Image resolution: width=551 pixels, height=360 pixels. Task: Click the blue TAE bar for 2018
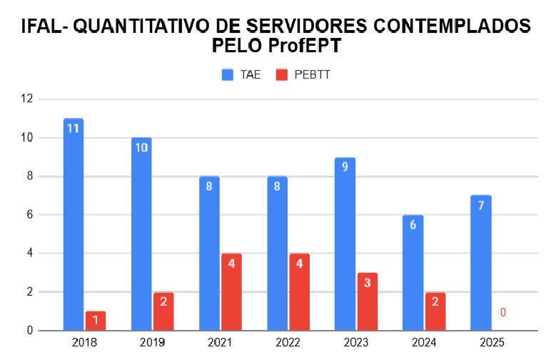(x=74, y=229)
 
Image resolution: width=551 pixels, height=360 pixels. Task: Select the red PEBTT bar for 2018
(x=96, y=321)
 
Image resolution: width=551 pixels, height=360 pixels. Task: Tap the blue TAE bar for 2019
(x=141, y=236)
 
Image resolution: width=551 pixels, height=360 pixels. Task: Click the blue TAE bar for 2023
(x=345, y=246)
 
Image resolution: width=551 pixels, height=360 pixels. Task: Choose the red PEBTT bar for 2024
(x=435, y=311)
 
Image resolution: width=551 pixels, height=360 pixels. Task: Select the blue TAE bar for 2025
(x=481, y=264)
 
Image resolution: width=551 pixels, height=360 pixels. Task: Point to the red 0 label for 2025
(x=502, y=312)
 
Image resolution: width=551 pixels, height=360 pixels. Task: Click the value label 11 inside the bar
(x=73, y=129)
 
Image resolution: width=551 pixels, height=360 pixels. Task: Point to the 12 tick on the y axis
(x=27, y=99)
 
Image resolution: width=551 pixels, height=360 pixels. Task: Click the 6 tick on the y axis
(x=29, y=214)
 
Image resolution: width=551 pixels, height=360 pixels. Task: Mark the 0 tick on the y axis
(x=29, y=330)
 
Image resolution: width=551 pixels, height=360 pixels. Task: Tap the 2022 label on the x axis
(x=288, y=343)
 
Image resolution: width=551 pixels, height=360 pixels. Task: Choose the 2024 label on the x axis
(x=424, y=343)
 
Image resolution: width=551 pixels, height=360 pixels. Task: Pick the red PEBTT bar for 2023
(x=368, y=301)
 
